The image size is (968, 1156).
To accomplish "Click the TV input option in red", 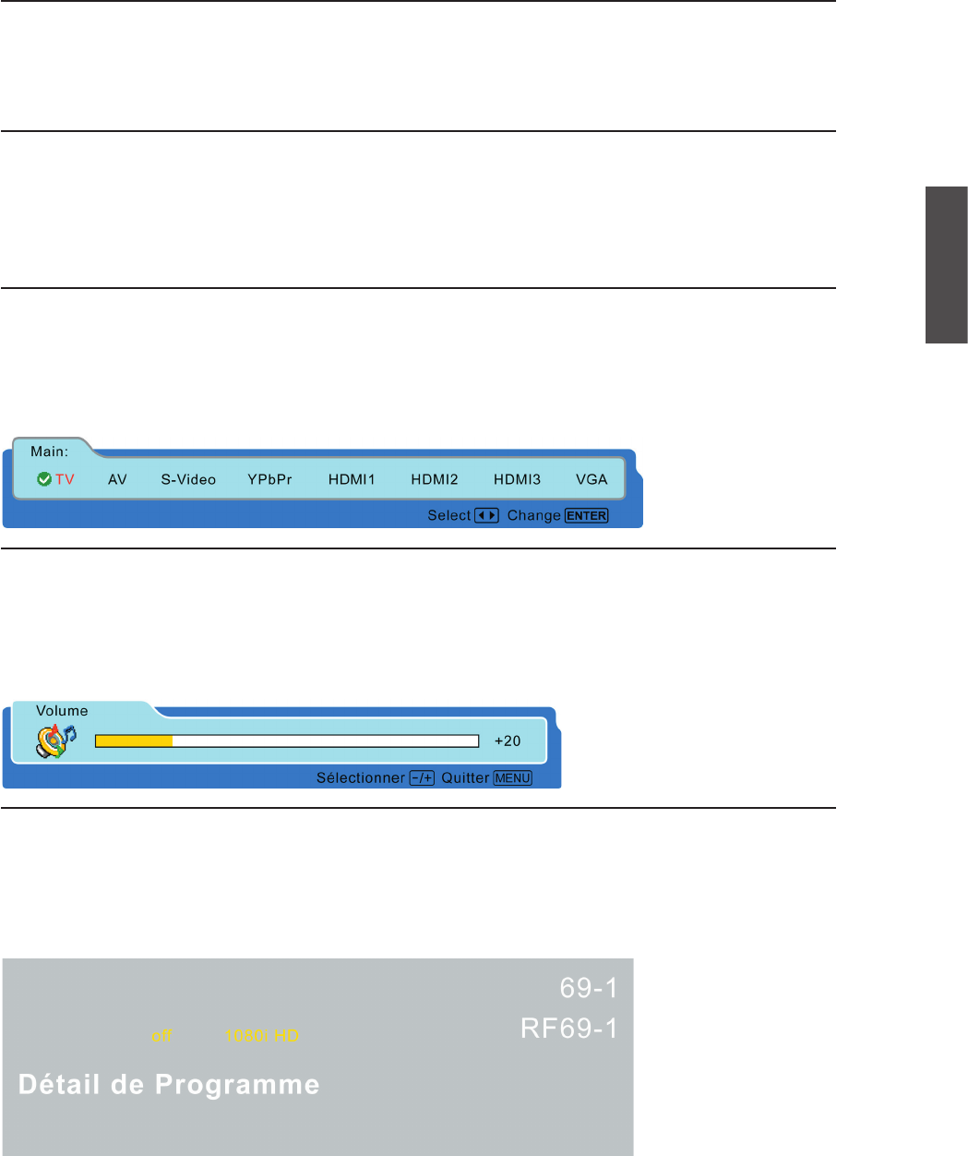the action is click(x=65, y=479).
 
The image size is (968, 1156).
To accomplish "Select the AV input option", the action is click(x=117, y=479).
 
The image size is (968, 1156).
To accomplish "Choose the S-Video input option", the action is click(x=188, y=479).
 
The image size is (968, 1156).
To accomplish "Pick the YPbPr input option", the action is click(x=269, y=479).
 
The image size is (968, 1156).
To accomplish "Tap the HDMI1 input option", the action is click(x=352, y=479).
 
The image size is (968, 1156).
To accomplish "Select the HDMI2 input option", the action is click(x=435, y=479).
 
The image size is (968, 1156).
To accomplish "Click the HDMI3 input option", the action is click(x=517, y=479).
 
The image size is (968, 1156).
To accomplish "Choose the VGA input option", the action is click(x=592, y=479).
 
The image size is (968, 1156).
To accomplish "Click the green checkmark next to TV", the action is click(x=43, y=479).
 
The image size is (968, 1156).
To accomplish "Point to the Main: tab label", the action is click(x=49, y=452).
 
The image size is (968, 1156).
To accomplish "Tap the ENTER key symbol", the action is click(x=587, y=515).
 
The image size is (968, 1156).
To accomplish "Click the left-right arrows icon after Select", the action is click(x=486, y=515).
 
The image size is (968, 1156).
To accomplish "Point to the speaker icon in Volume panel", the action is click(x=55, y=741).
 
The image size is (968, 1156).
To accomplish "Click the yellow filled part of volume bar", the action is click(x=134, y=741).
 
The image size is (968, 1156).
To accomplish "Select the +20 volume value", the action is click(x=508, y=741).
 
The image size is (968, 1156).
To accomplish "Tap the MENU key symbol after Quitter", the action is click(x=513, y=778).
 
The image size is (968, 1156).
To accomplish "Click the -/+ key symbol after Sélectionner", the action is click(x=422, y=778).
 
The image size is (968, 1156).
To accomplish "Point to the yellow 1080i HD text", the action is click(x=262, y=1036).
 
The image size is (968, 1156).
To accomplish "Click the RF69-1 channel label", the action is click(x=569, y=1028).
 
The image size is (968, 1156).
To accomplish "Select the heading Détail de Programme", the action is click(x=169, y=1084).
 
